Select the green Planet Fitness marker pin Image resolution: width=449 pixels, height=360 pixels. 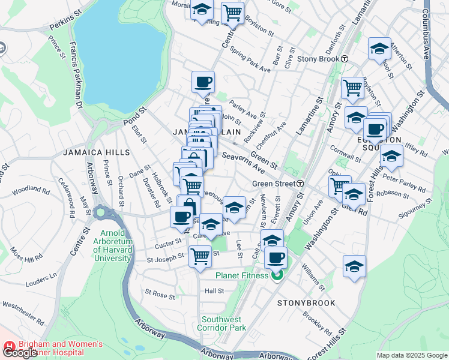(x=276, y=276)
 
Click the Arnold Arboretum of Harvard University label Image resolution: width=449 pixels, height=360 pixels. (x=112, y=245)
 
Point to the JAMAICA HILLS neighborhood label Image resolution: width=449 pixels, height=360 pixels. (x=96, y=152)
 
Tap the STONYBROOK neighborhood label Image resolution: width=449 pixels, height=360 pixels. (x=306, y=303)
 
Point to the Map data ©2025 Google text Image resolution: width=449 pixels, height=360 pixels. (x=412, y=355)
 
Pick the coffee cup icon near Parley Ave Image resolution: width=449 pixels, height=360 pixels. (x=203, y=82)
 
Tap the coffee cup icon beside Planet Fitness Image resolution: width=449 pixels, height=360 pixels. (x=276, y=258)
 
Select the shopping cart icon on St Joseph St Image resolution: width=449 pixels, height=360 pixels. (x=200, y=256)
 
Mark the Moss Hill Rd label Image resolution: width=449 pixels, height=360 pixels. (x=31, y=249)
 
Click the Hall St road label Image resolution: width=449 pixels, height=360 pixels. (x=214, y=290)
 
